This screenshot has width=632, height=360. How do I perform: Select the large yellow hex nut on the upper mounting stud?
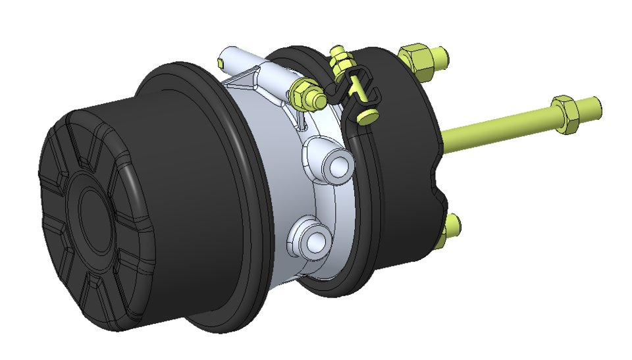coord(416,59)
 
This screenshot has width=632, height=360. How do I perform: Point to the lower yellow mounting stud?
coord(452,227)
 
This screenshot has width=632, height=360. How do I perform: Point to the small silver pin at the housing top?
coord(223,62)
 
